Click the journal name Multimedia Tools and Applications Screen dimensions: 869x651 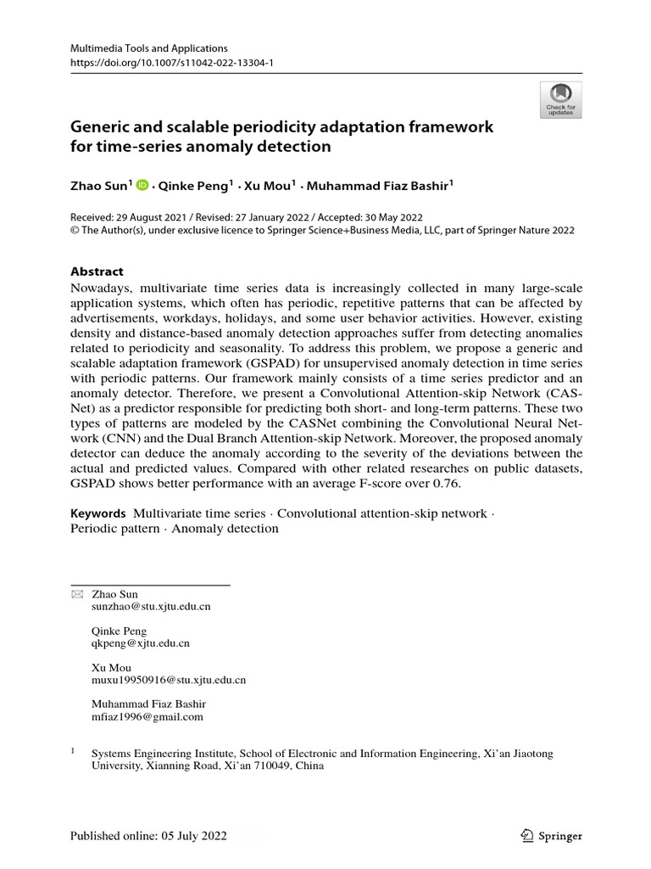(149, 49)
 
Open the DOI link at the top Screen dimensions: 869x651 (172, 64)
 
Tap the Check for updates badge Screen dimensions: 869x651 (560, 100)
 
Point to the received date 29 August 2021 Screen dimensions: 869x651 (149, 217)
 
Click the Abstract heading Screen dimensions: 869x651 (97, 272)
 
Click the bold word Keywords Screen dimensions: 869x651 (97, 513)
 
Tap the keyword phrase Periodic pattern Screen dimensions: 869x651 (114, 529)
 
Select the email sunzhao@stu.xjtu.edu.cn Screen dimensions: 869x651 (150, 607)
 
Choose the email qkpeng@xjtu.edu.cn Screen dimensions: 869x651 (140, 643)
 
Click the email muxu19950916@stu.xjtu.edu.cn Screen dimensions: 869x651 (168, 680)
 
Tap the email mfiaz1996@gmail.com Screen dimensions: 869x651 (147, 716)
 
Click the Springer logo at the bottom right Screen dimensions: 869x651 (552, 836)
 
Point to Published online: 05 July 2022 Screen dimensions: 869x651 (148, 836)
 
